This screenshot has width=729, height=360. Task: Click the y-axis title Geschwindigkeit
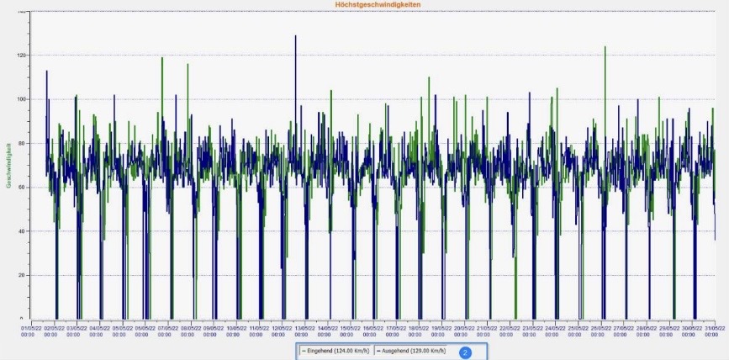tap(8, 165)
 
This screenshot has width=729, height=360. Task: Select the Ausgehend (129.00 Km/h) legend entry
tap(410, 351)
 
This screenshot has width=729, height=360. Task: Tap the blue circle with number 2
tap(465, 352)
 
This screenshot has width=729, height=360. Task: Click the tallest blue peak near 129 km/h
tap(295, 36)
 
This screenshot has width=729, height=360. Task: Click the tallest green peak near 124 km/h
tap(605, 47)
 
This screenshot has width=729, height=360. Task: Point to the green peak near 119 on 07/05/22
tap(162, 58)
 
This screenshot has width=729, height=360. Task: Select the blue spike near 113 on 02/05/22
tap(46, 71)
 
